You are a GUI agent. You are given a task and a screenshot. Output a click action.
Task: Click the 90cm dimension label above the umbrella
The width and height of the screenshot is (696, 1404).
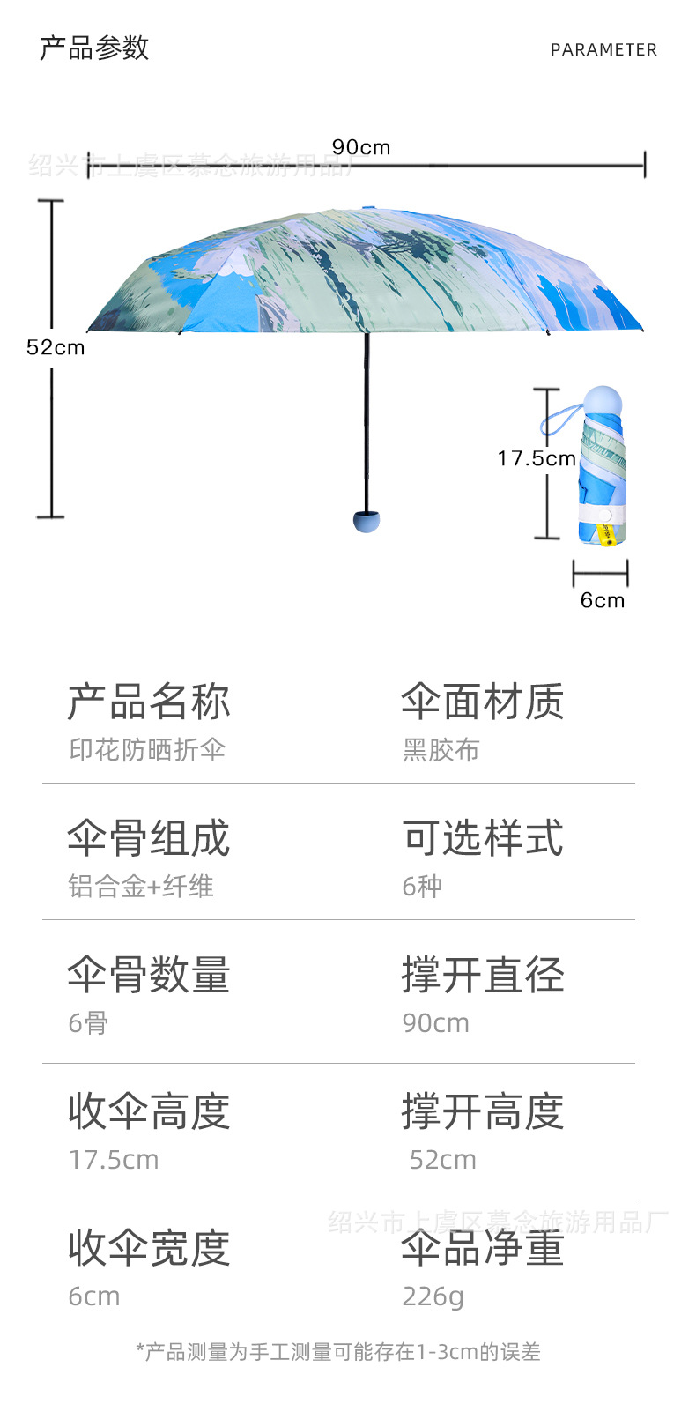(360, 147)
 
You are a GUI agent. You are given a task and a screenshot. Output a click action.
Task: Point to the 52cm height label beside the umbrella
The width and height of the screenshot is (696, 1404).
(56, 347)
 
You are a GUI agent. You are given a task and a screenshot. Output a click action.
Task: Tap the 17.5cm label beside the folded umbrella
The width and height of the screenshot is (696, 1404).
(536, 458)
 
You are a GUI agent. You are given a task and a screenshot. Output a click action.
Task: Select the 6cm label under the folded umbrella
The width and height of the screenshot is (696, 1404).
(602, 600)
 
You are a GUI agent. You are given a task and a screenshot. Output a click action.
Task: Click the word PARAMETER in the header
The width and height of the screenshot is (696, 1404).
(603, 50)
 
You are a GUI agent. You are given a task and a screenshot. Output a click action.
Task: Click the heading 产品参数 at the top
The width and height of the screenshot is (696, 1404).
(94, 48)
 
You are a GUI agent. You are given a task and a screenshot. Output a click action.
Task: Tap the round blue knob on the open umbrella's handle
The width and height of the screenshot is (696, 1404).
(367, 521)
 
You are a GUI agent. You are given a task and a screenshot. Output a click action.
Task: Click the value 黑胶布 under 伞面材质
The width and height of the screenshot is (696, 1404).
(441, 750)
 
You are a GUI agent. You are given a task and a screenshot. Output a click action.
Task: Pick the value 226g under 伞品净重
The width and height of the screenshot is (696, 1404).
(433, 1296)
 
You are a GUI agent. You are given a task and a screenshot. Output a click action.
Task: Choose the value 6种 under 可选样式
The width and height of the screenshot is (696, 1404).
(422, 887)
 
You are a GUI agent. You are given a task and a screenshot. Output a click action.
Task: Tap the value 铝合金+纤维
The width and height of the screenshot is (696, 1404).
(141, 887)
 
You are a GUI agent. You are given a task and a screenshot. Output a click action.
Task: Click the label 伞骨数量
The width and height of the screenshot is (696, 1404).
(149, 975)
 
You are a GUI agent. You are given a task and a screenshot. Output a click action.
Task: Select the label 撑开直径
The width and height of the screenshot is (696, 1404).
(483, 975)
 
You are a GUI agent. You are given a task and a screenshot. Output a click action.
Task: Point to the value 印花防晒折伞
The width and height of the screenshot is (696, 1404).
(147, 750)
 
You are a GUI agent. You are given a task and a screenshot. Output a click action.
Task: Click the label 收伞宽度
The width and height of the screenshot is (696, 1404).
(149, 1248)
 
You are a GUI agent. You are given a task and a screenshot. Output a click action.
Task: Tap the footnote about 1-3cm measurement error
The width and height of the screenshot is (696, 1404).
(338, 1352)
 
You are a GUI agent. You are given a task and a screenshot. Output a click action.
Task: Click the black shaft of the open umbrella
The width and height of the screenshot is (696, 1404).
(367, 423)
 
